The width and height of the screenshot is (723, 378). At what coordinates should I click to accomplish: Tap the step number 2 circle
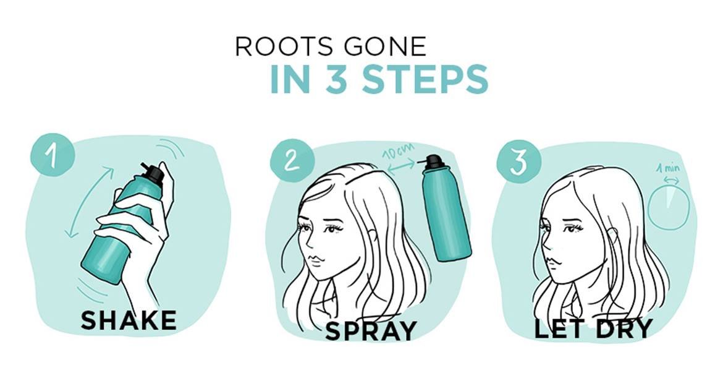pyautogui.click(x=292, y=160)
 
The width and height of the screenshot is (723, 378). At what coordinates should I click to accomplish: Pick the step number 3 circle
pyautogui.click(x=518, y=161)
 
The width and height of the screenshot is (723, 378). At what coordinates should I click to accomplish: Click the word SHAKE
pyautogui.click(x=129, y=320)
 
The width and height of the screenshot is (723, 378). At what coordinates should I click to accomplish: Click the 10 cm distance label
pyautogui.click(x=398, y=152)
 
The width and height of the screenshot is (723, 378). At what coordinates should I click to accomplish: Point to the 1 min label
pyautogui.click(x=668, y=168)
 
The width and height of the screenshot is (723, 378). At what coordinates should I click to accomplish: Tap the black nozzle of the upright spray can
pyautogui.click(x=433, y=161)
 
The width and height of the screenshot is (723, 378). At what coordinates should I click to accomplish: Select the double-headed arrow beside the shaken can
pyautogui.click(x=90, y=202)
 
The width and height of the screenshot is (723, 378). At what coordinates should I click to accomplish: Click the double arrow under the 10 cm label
pyautogui.click(x=400, y=166)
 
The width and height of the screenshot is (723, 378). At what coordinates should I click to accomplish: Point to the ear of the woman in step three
pyautogui.click(x=613, y=237)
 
